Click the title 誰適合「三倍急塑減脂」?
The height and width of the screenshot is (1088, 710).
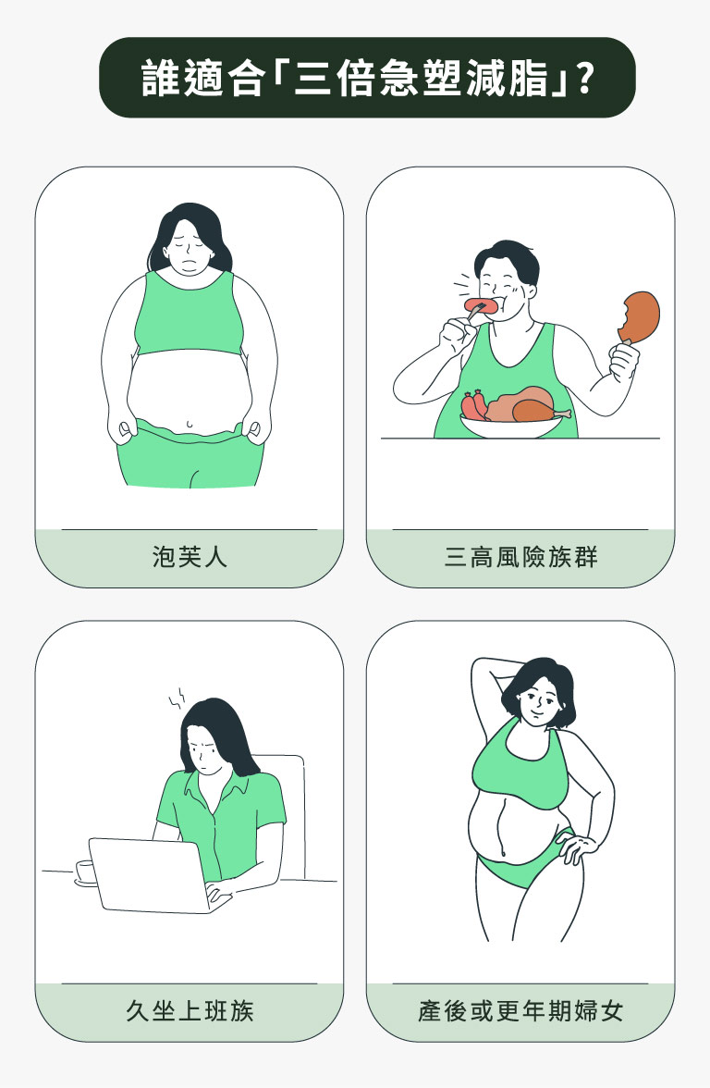pyautogui.click(x=367, y=79)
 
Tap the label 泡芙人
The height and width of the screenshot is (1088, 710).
pyautogui.click(x=190, y=557)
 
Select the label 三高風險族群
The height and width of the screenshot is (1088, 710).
pyautogui.click(x=520, y=557)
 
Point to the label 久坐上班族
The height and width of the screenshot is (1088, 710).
pyautogui.click(x=190, y=1010)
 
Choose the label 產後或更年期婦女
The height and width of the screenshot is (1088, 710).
pyautogui.click(x=520, y=1010)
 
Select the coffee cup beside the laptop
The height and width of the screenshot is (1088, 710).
pyautogui.click(x=86, y=872)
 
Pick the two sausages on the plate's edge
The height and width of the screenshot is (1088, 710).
pyautogui.click(x=473, y=405)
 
